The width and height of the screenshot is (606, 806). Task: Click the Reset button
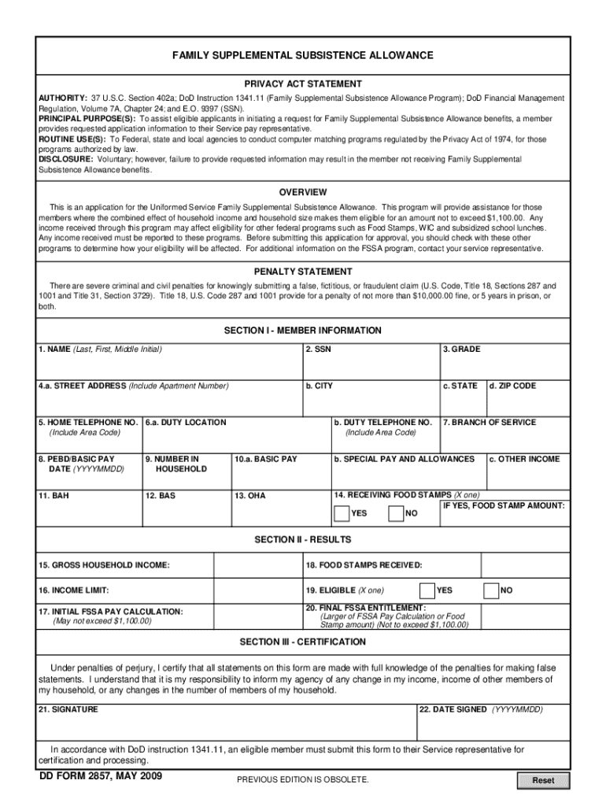click(543, 781)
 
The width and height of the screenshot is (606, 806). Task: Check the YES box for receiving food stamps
click(342, 514)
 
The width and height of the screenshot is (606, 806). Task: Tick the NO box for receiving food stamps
click(396, 514)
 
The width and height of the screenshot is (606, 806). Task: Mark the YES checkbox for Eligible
click(427, 590)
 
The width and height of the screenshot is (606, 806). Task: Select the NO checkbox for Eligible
click(491, 590)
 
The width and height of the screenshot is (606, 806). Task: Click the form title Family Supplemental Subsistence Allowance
click(303, 56)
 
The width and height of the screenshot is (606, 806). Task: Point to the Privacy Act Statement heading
click(303, 83)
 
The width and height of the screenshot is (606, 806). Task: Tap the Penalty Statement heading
click(303, 272)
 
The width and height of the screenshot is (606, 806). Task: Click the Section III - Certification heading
click(303, 642)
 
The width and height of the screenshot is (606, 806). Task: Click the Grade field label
click(461, 349)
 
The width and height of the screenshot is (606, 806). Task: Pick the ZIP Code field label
click(512, 386)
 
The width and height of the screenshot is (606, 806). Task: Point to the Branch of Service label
click(490, 423)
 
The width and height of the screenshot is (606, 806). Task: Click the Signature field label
click(68, 709)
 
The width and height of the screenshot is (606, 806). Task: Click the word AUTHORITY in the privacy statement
click(64, 98)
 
